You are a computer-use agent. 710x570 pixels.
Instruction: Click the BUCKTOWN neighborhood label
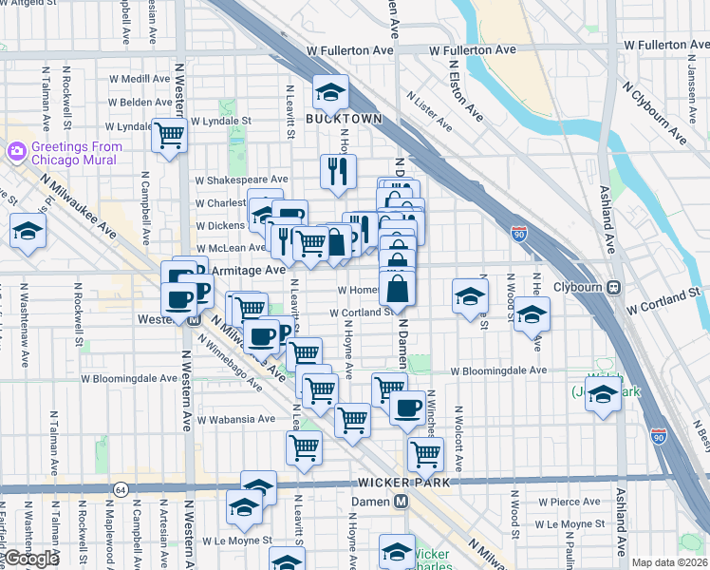(x=344, y=119)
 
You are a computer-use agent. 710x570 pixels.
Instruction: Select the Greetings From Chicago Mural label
(x=77, y=153)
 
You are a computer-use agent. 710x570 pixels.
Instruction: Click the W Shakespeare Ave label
(x=241, y=179)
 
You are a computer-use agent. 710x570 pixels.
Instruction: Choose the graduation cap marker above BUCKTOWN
(x=331, y=92)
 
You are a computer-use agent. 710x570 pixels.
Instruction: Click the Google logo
(x=31, y=559)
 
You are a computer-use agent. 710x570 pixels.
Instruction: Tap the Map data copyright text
(x=670, y=562)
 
